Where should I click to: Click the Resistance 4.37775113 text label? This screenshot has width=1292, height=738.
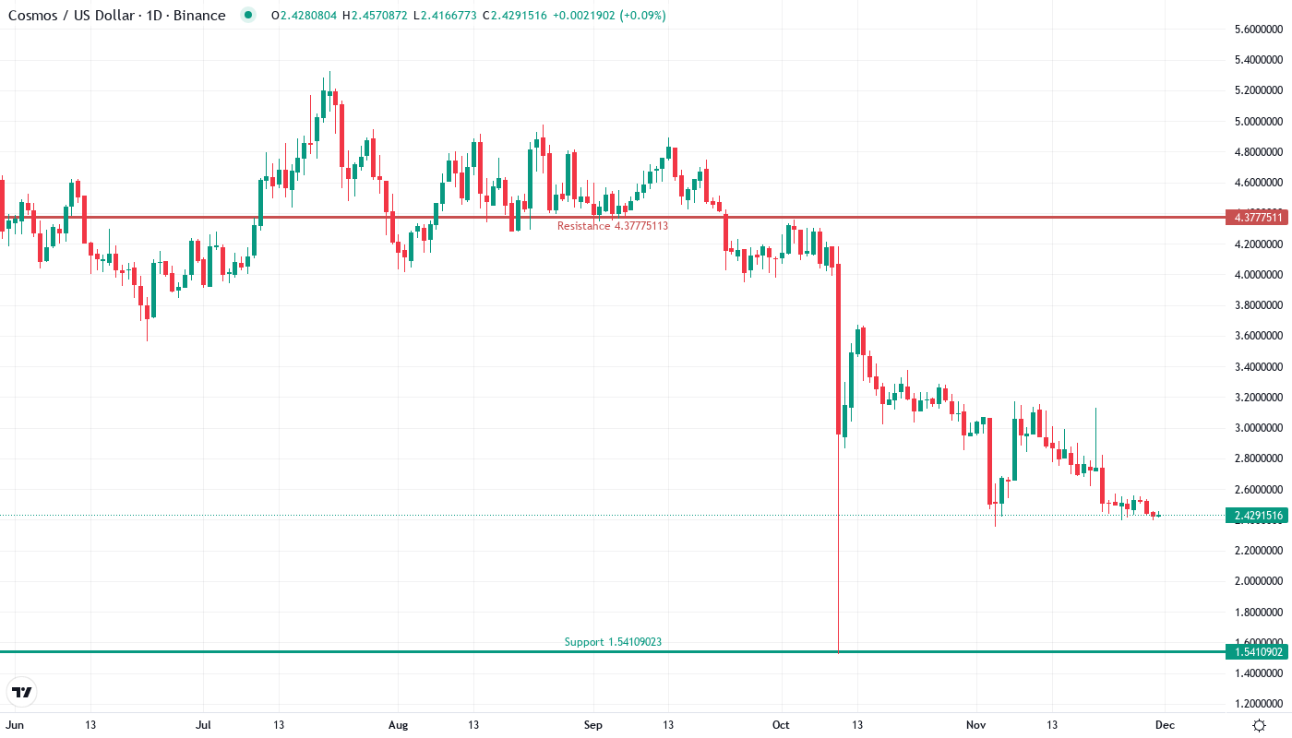612,226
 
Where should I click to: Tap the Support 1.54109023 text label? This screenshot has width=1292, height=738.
613,642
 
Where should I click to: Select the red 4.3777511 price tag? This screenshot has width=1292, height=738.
1256,218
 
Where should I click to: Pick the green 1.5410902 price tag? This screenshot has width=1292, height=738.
1256,652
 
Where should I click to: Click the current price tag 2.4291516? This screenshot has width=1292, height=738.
1256,516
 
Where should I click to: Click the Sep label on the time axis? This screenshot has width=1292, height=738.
593,725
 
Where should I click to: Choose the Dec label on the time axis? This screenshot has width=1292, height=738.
1166,725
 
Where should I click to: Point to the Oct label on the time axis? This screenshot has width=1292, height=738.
782,725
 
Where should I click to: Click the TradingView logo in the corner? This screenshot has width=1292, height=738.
22,692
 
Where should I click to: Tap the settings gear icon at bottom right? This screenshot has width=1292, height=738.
1259,725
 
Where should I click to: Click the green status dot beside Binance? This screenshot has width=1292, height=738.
247,15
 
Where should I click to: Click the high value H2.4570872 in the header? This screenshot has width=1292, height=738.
375,16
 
